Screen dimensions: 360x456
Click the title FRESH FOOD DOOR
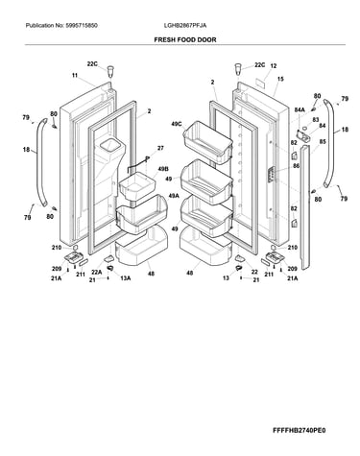185,40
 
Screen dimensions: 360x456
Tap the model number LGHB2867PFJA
185,26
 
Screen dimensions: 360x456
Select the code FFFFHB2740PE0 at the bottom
299,430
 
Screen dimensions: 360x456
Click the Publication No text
61,26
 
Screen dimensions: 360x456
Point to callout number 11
75,76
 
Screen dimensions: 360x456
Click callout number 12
273,66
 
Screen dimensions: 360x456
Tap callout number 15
280,79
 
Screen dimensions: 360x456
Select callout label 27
160,148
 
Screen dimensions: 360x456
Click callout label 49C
176,124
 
